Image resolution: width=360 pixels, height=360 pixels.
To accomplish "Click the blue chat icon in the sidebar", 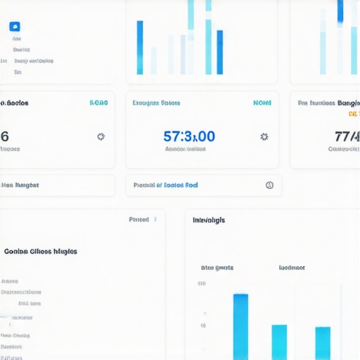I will point(15,27).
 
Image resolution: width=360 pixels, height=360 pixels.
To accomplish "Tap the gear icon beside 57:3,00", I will point(264,136).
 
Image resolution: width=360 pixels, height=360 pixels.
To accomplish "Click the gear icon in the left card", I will point(101,136).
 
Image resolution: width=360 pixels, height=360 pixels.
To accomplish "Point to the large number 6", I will point(5,136).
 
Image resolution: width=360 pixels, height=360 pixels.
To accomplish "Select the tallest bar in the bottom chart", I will point(240,326).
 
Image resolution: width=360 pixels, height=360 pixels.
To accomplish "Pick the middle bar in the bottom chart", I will point(279,342).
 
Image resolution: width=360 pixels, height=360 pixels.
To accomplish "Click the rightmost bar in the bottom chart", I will point(323,343).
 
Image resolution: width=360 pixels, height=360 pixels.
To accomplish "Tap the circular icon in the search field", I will point(269,186).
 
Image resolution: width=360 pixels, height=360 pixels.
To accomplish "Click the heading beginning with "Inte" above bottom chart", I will point(209,220).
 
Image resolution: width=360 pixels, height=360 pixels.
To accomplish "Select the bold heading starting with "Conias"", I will point(40,251).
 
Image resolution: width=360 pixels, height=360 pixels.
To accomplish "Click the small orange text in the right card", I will point(357,112).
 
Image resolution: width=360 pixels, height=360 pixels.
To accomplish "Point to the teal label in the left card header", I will point(99,103).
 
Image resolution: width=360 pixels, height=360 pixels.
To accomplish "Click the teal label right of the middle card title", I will point(262,103).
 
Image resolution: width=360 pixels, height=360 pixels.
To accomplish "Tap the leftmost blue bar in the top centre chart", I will point(140,48).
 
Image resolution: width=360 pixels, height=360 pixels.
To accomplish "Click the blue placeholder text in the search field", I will point(166,186).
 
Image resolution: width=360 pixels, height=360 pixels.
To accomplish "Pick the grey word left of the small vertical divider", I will point(139,219).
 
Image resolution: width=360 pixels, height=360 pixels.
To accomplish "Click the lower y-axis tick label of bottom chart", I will point(202,326).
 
